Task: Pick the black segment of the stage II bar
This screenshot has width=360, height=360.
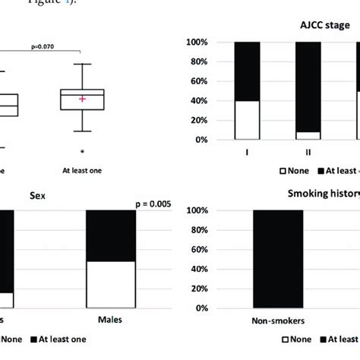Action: pyautogui.click(x=307, y=87)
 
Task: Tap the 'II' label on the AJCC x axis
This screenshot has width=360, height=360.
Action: pyautogui.click(x=307, y=152)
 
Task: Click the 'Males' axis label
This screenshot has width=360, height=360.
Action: pyautogui.click(x=110, y=321)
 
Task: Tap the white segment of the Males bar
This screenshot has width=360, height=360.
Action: pyautogui.click(x=110, y=285)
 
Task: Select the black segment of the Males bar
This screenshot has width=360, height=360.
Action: pyautogui.click(x=110, y=235)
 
